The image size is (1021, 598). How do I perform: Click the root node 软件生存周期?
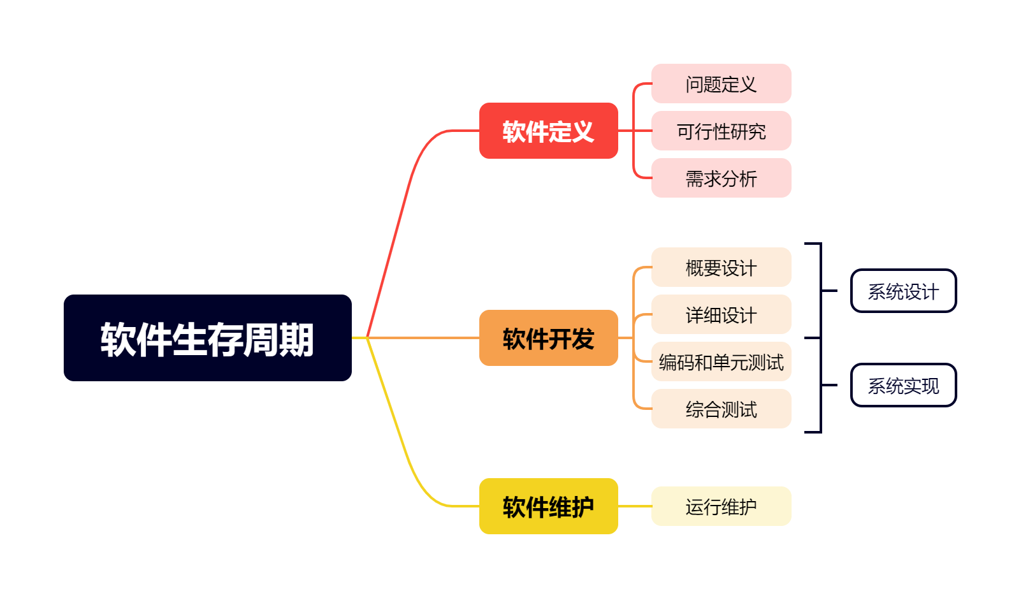click(207, 338)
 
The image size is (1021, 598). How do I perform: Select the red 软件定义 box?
click(548, 131)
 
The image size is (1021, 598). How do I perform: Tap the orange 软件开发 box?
click(548, 338)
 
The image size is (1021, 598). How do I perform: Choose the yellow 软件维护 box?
click(548, 506)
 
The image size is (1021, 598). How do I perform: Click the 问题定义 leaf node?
click(721, 84)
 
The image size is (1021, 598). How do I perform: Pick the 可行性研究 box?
click(721, 131)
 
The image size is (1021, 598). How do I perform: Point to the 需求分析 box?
click(721, 178)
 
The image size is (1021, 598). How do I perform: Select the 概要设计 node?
click(721, 267)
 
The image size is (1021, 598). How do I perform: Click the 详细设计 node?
click(721, 314)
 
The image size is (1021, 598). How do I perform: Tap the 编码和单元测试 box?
click(721, 361)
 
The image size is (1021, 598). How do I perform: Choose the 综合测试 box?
click(721, 409)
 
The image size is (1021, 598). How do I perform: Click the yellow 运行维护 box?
click(721, 506)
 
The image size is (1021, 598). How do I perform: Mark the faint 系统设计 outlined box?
click(903, 291)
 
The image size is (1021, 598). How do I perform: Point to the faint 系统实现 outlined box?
click(903, 385)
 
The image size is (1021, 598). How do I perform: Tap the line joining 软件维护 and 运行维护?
click(634, 506)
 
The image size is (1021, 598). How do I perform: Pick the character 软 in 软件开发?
click(514, 339)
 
